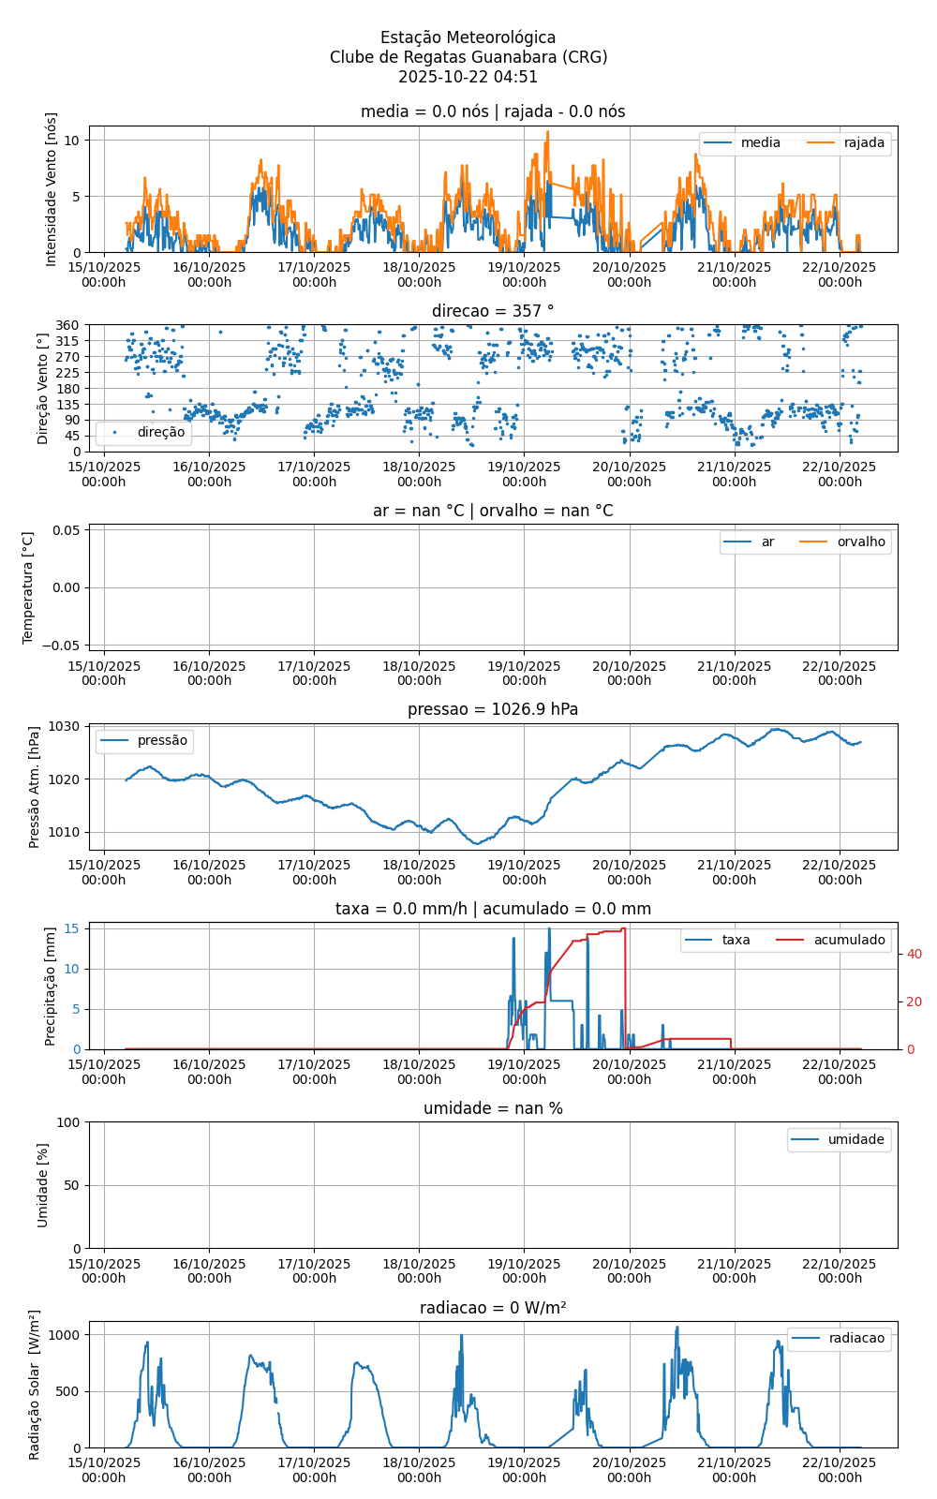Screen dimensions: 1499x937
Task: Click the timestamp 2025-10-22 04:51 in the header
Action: [x=468, y=77]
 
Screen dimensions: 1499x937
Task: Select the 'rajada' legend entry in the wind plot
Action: [x=863, y=143]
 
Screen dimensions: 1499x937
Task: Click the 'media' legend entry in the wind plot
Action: [x=760, y=143]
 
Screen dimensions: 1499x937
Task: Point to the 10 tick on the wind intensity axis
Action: [x=72, y=141]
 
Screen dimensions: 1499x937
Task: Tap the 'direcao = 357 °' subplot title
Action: [x=493, y=311]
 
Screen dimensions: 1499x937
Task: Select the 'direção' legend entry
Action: [x=160, y=433]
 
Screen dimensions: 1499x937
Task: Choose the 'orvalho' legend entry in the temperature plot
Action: [x=860, y=542]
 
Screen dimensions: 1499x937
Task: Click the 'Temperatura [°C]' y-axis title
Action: [x=28, y=587]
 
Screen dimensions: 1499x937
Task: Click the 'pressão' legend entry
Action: [x=162, y=741]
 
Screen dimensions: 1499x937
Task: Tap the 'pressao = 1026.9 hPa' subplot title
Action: [x=493, y=709]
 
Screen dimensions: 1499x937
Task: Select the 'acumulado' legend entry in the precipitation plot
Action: [x=848, y=941]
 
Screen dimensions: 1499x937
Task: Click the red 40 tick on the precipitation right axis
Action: [x=915, y=955]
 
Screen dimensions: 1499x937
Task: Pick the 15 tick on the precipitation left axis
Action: [x=75, y=929]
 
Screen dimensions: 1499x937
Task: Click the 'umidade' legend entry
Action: [x=855, y=1140]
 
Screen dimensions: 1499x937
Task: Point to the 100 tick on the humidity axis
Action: [x=68, y=1122]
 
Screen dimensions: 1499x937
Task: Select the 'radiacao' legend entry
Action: [x=855, y=1339]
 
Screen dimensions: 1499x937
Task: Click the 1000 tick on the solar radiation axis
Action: [x=65, y=1335]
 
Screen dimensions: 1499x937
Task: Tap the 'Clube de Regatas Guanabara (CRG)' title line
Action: [x=468, y=57]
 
